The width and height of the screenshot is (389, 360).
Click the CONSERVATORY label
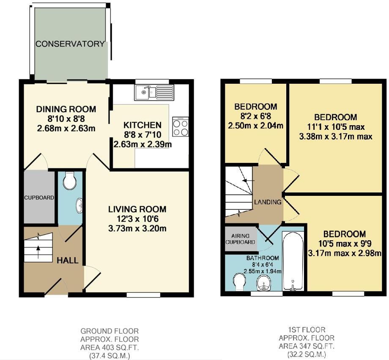pos(70,44)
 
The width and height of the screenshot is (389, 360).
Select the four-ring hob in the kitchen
pos(181,127)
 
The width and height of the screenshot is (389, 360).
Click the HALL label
pos(68,260)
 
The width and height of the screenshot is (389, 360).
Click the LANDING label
pos(267,202)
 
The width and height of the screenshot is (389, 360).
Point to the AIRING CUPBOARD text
pos(240,239)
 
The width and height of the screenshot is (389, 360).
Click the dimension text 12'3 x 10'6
pos(137,219)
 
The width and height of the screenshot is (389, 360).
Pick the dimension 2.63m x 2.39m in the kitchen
pos(142,145)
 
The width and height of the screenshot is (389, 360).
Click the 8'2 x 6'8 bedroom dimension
pos(256,116)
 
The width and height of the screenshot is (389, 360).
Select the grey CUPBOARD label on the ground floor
pos(39,198)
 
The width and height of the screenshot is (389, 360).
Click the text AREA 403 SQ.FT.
pos(110,347)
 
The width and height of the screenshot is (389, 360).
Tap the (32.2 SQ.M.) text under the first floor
pos(307,354)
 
